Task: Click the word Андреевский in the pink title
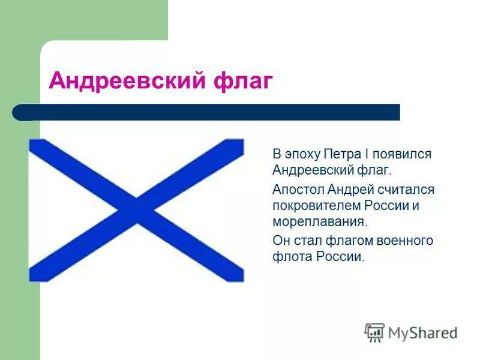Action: pyautogui.click(x=127, y=81)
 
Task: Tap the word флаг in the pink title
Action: pyautogui.click(x=243, y=81)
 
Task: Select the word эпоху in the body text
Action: pyautogui.click(x=303, y=154)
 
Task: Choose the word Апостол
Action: pyautogui.click(x=298, y=190)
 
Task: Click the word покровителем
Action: pyautogui.click(x=316, y=206)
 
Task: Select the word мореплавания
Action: pyautogui.click(x=319, y=222)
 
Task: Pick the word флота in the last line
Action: pyautogui.click(x=289, y=257)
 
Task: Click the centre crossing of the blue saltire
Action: pyautogui.click(x=137, y=211)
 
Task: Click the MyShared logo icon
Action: pyautogui.click(x=374, y=332)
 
